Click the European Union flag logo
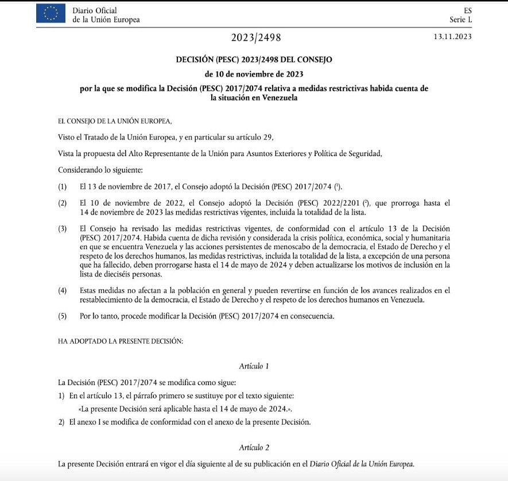(x=51, y=14)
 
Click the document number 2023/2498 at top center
(x=256, y=38)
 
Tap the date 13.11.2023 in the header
(x=453, y=37)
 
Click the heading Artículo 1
(x=254, y=366)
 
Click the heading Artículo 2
(x=254, y=447)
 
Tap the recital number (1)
(x=63, y=187)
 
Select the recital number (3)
(x=63, y=228)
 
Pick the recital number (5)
(x=63, y=316)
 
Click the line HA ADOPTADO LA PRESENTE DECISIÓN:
(x=121, y=341)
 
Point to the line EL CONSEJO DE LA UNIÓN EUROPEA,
(x=115, y=121)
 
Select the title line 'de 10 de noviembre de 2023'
(x=254, y=73)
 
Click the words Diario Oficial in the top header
(x=95, y=10)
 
